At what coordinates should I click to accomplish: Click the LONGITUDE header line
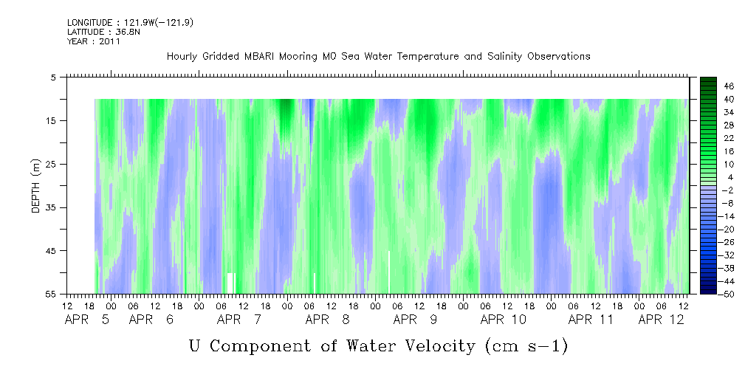130,22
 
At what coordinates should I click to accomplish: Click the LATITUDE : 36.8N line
103,32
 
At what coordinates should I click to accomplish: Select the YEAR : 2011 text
94,41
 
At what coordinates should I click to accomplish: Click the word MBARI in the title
259,57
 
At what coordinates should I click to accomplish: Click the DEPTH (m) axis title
36,186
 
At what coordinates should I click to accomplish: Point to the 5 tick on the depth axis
52,77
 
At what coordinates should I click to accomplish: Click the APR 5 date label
87,320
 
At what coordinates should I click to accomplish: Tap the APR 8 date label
327,320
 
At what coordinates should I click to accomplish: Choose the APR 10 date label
503,320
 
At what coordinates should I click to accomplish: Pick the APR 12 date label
662,320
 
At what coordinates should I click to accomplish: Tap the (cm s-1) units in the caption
526,346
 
